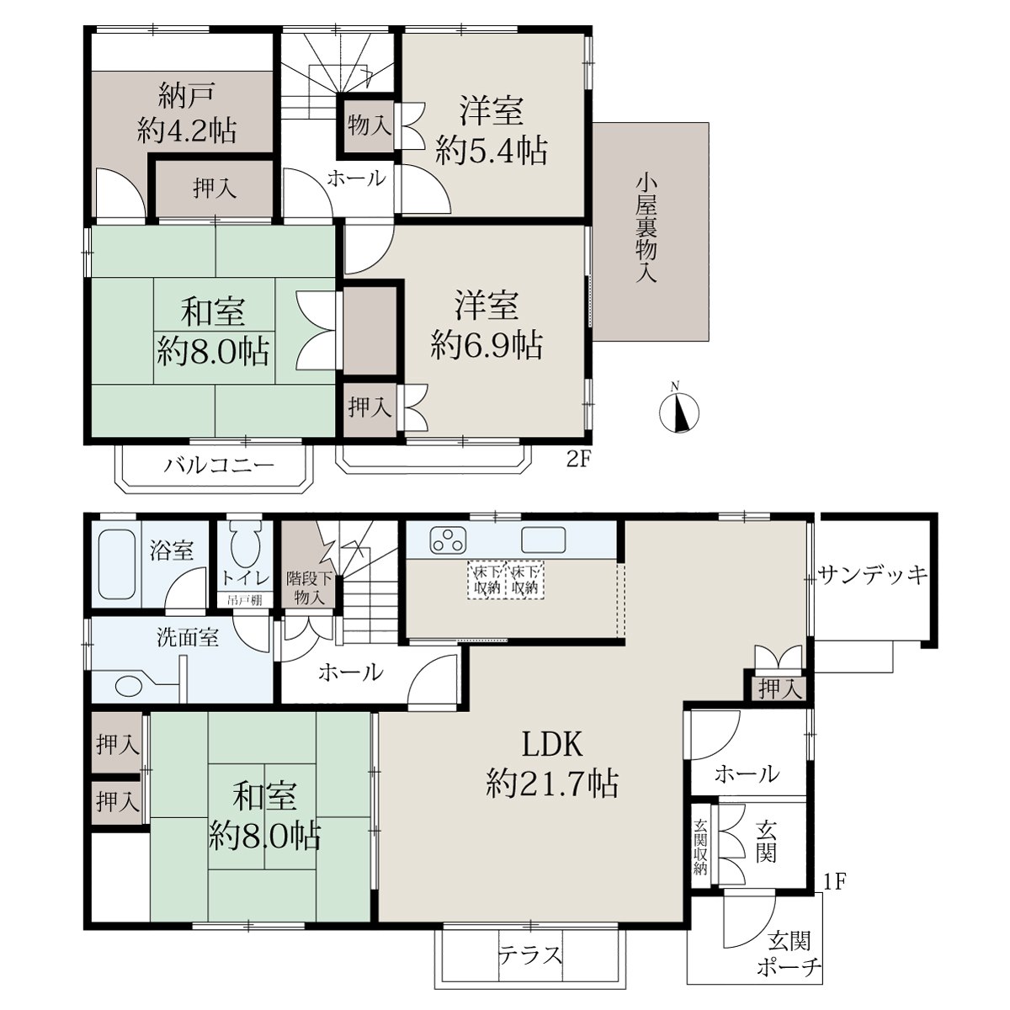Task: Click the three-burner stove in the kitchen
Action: [448, 541]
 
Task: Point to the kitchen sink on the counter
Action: [544, 540]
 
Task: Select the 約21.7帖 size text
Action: [552, 784]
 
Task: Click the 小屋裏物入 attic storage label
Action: [646, 229]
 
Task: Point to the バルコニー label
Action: [219, 465]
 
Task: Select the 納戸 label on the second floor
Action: [187, 97]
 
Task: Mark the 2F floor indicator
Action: [578, 460]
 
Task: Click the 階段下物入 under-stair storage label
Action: [309, 588]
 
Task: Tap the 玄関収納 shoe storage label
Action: [700, 847]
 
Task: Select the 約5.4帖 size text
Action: [492, 151]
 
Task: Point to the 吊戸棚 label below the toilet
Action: [244, 600]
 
